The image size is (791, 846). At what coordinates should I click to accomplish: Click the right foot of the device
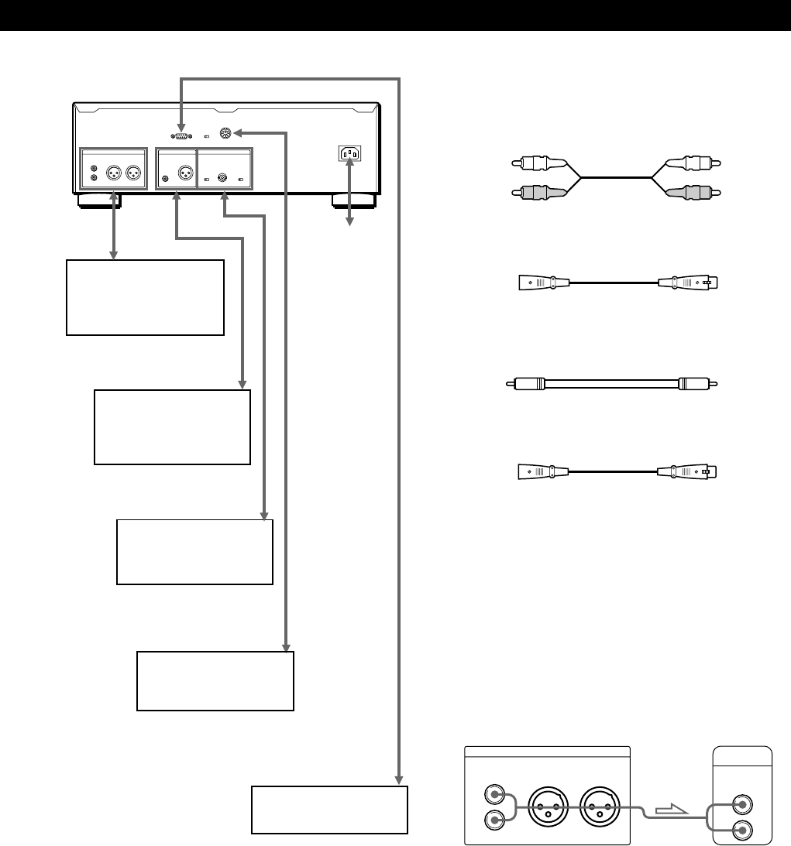point(353,201)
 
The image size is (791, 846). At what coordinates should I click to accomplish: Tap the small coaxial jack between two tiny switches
point(222,178)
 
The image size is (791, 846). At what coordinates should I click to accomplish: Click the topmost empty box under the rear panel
point(145,297)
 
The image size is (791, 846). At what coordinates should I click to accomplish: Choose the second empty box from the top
point(172,426)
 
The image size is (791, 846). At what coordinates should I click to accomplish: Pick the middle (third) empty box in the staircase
point(194,551)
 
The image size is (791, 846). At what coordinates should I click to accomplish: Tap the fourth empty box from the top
point(215,681)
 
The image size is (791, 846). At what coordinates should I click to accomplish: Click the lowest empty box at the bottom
point(330,810)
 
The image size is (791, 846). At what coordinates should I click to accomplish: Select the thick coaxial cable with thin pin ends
point(611,382)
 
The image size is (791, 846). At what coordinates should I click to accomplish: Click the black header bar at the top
point(395,15)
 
